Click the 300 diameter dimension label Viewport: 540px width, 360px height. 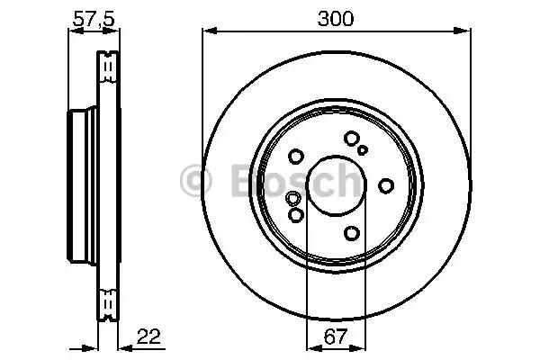pyautogui.click(x=336, y=19)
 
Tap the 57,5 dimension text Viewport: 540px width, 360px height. pyautogui.click(x=94, y=19)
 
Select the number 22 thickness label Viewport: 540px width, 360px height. pyautogui.click(x=148, y=337)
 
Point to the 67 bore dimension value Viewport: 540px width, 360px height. pyautogui.click(x=335, y=337)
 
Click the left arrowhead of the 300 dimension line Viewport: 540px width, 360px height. pyautogui.click(x=210, y=31)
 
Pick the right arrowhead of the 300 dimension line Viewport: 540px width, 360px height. pyautogui.click(x=463, y=31)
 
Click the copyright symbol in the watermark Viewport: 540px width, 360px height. pyautogui.click(x=195, y=181)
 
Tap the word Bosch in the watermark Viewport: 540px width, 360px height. pyautogui.click(x=295, y=181)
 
